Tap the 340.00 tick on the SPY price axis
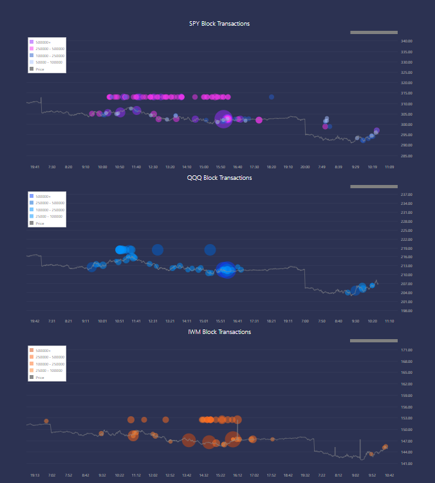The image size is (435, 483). (x=406, y=41)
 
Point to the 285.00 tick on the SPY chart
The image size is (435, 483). (x=406, y=156)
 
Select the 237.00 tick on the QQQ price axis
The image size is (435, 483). (x=406, y=195)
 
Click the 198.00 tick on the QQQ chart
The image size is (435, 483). (x=406, y=311)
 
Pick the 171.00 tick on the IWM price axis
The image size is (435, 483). (x=406, y=350)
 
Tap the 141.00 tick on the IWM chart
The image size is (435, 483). (x=406, y=464)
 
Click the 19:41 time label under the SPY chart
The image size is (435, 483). (x=35, y=166)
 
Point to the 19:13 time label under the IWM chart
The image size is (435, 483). (x=35, y=475)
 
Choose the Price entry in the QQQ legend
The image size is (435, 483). (x=40, y=223)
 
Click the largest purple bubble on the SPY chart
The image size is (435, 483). (x=223, y=119)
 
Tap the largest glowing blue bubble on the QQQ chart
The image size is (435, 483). (x=226, y=270)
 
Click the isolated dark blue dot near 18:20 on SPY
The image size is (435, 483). (x=272, y=97)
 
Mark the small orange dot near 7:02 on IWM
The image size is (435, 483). (x=46, y=421)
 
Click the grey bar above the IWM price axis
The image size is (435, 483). (x=373, y=340)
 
